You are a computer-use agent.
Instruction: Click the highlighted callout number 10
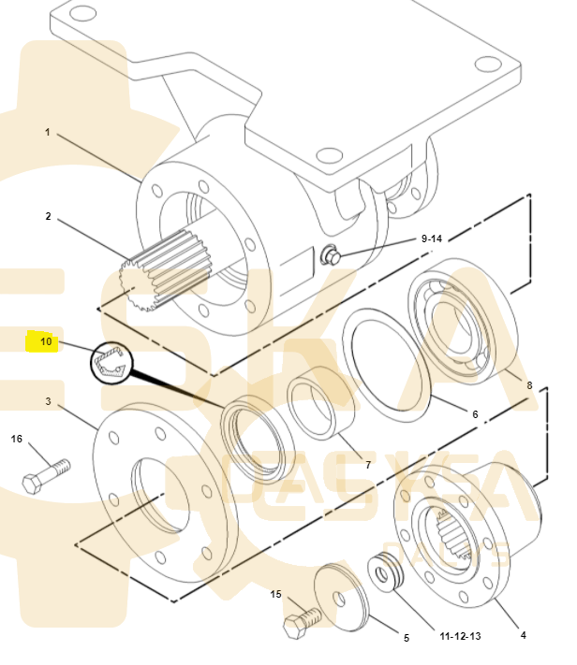click(45, 342)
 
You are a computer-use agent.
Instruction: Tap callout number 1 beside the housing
click(47, 132)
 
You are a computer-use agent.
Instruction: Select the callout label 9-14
click(431, 239)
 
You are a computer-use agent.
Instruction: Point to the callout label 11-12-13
click(460, 635)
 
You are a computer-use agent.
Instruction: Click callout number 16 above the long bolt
click(16, 439)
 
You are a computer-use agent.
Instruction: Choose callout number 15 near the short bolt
click(276, 594)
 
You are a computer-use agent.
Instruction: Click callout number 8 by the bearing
click(528, 383)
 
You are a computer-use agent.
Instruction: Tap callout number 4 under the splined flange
click(523, 634)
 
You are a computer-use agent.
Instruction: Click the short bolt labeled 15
click(300, 620)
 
